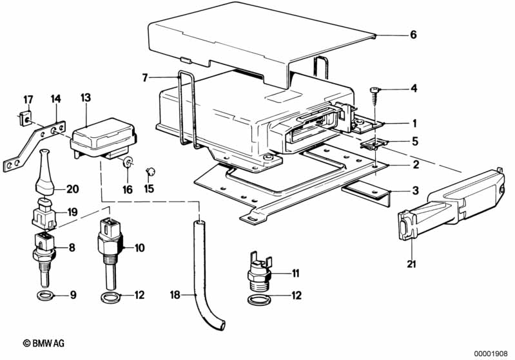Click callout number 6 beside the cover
[413, 35]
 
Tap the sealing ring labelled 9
[44, 296]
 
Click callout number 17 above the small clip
[28, 99]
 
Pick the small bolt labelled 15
[151, 171]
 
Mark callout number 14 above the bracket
[56, 99]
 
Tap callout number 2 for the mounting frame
[413, 165]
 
